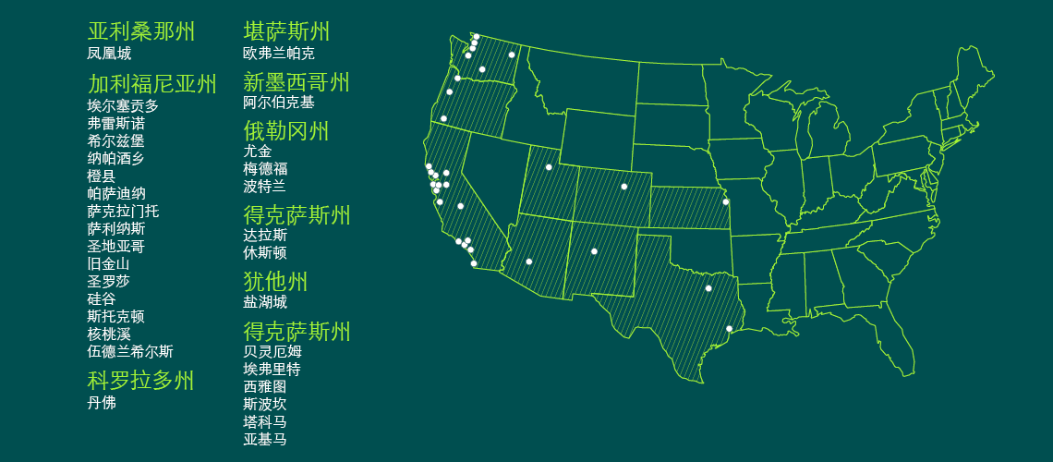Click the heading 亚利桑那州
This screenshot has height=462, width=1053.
click(x=141, y=31)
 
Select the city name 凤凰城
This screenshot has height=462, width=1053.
click(x=109, y=54)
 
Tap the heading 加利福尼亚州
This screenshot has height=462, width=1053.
click(x=152, y=85)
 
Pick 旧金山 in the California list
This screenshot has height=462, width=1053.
click(x=109, y=263)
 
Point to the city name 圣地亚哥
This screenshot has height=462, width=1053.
click(x=116, y=246)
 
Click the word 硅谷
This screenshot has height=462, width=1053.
click(x=102, y=298)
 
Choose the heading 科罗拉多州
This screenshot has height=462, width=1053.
click(x=141, y=381)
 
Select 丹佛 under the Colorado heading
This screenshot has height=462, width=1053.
click(x=102, y=403)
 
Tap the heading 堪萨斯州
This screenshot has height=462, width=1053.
click(x=286, y=31)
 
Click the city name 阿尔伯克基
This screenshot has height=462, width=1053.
click(x=279, y=103)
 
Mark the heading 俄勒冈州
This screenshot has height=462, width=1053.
click(x=286, y=131)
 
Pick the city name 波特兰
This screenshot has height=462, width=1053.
click(x=265, y=186)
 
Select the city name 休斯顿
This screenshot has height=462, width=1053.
click(x=265, y=252)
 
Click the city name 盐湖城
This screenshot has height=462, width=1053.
click(x=265, y=302)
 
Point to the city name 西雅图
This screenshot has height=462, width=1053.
click(x=265, y=386)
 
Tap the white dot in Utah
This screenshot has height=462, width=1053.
click(x=549, y=167)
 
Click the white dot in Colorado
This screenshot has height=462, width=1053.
click(x=624, y=187)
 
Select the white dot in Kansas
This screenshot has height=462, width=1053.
click(x=726, y=201)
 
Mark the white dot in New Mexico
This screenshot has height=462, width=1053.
click(x=594, y=251)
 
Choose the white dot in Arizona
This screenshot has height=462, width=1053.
click(x=529, y=261)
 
